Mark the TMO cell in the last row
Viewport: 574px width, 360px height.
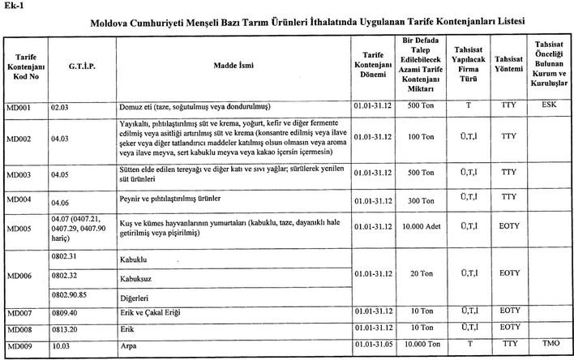[547, 344]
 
